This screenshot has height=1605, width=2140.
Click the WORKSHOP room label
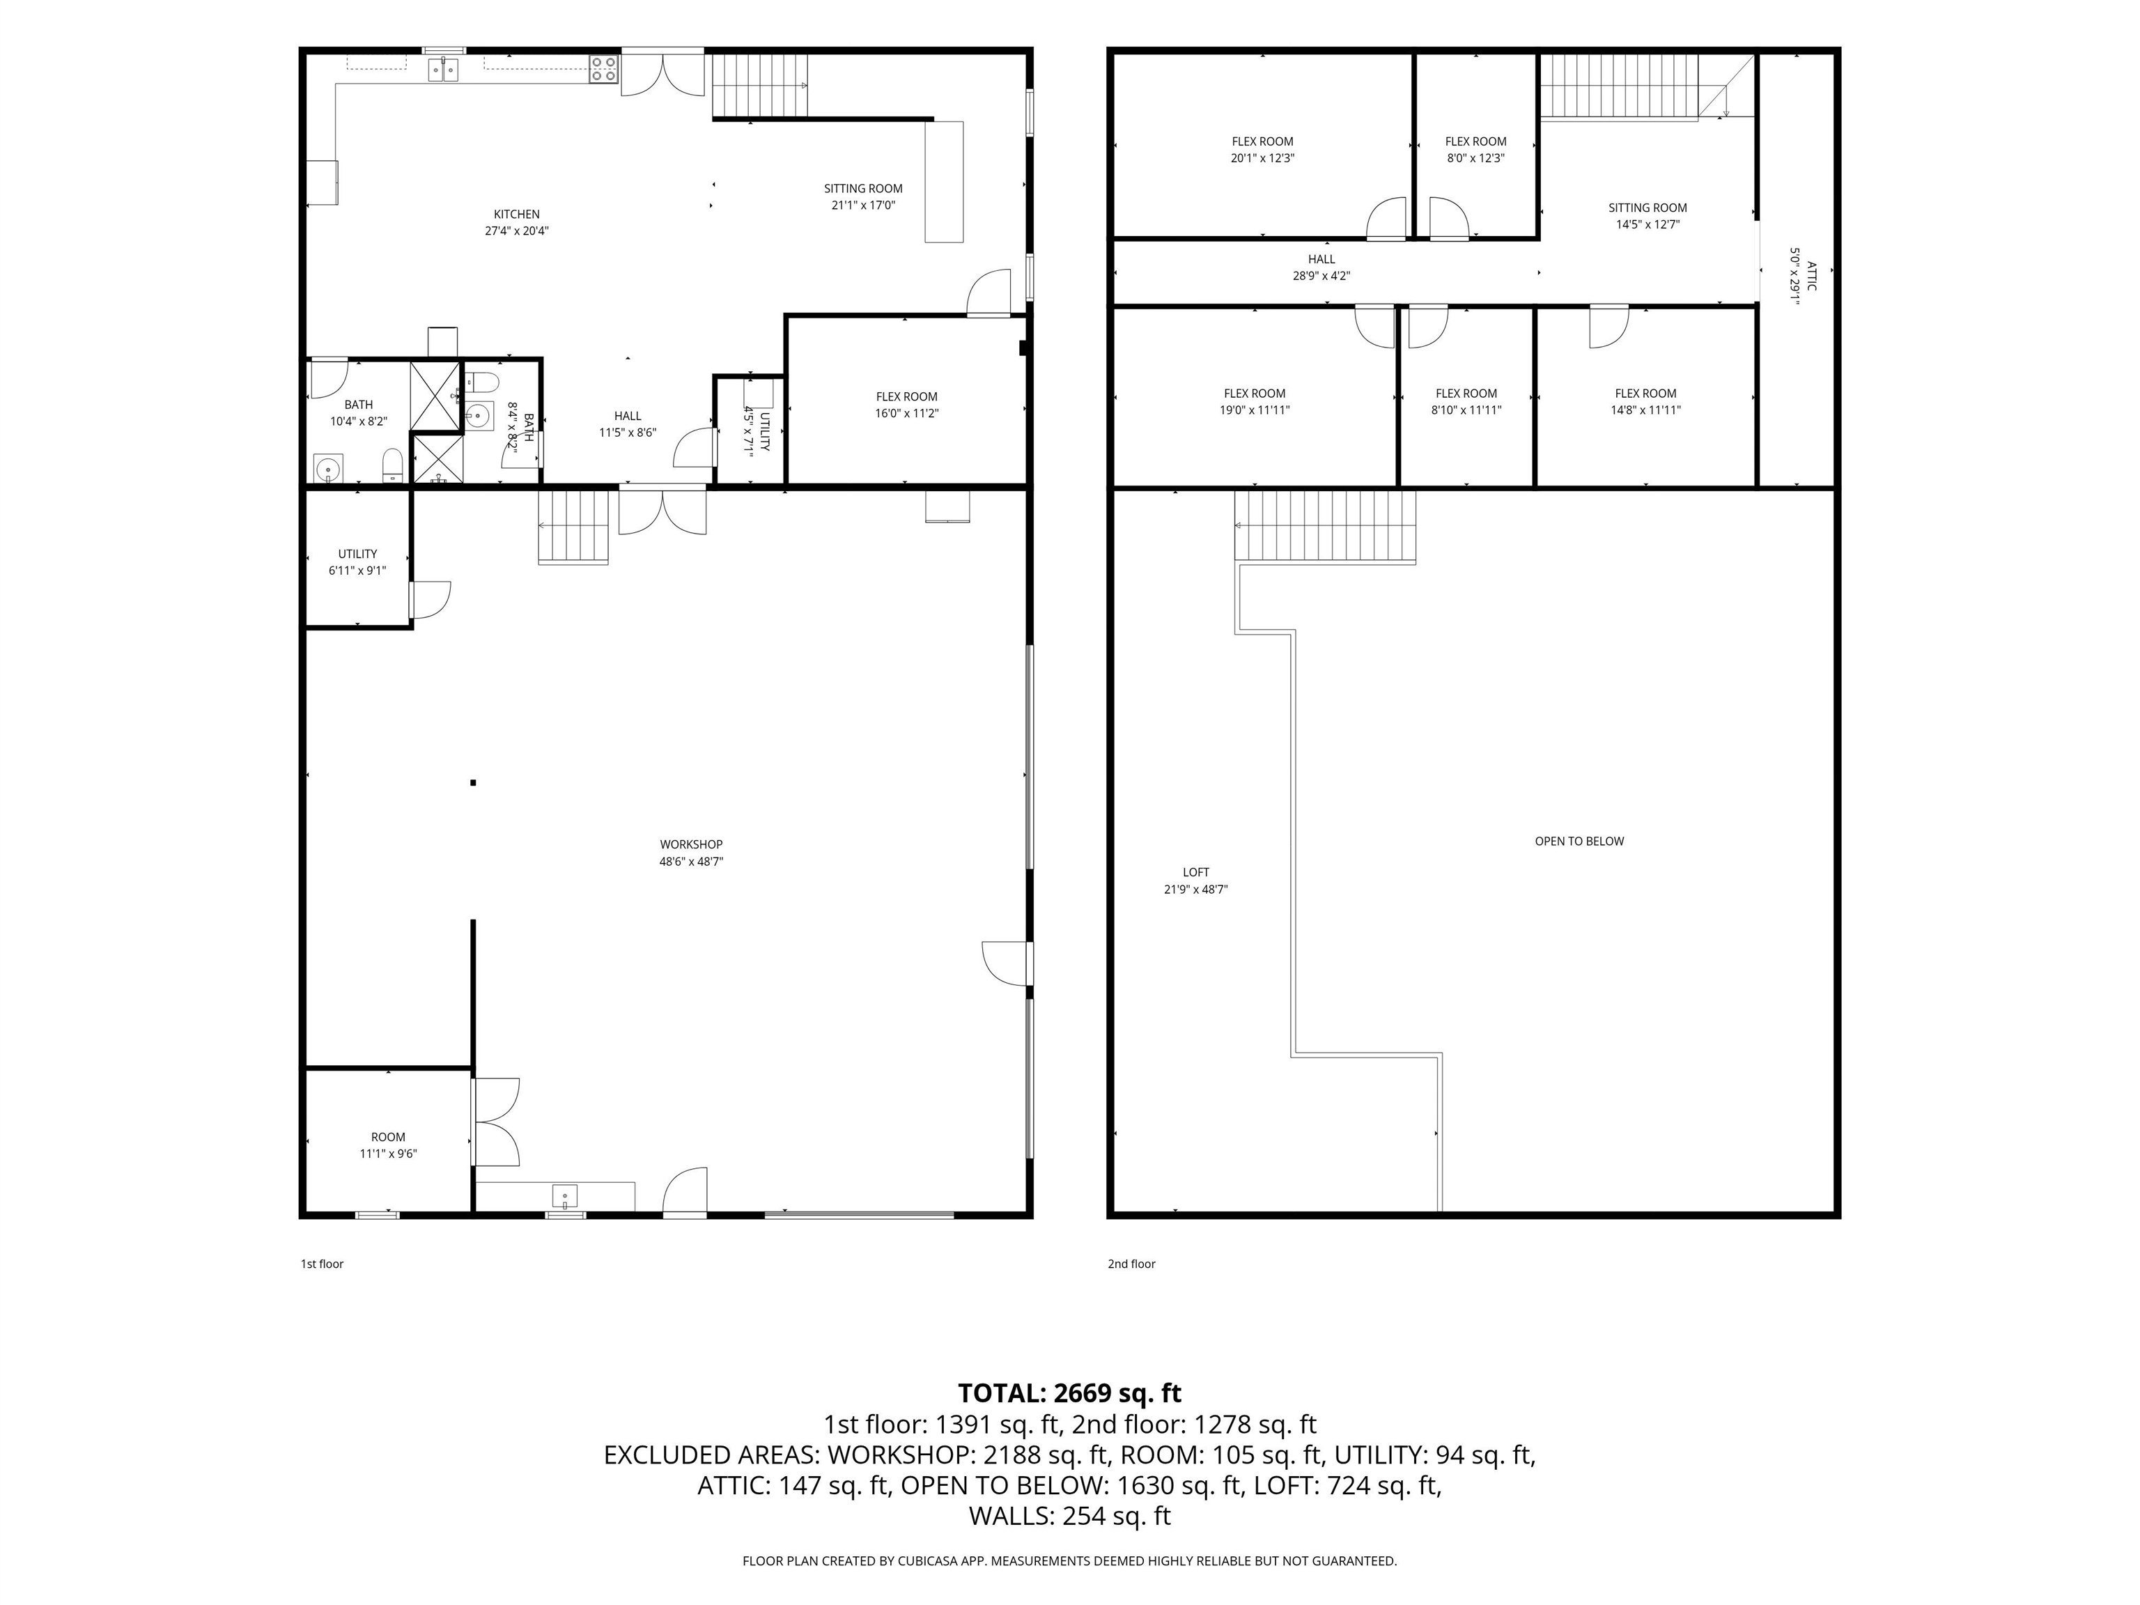coord(691,844)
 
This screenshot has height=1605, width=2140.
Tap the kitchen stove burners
coord(604,70)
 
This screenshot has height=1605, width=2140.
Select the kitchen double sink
coord(444,69)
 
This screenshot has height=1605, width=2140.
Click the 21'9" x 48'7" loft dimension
coord(1196,889)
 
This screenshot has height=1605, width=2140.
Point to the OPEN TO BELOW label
coord(1580,841)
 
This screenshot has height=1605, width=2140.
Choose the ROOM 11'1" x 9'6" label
coord(388,1145)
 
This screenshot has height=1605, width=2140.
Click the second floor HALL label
coord(1321,259)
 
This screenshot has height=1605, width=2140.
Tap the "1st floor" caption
coord(322,1264)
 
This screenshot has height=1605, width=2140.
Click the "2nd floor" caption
coord(1132,1264)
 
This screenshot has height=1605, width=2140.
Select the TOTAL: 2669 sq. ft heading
coord(1069,1393)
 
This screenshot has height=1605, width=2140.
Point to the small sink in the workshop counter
coord(565,1196)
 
